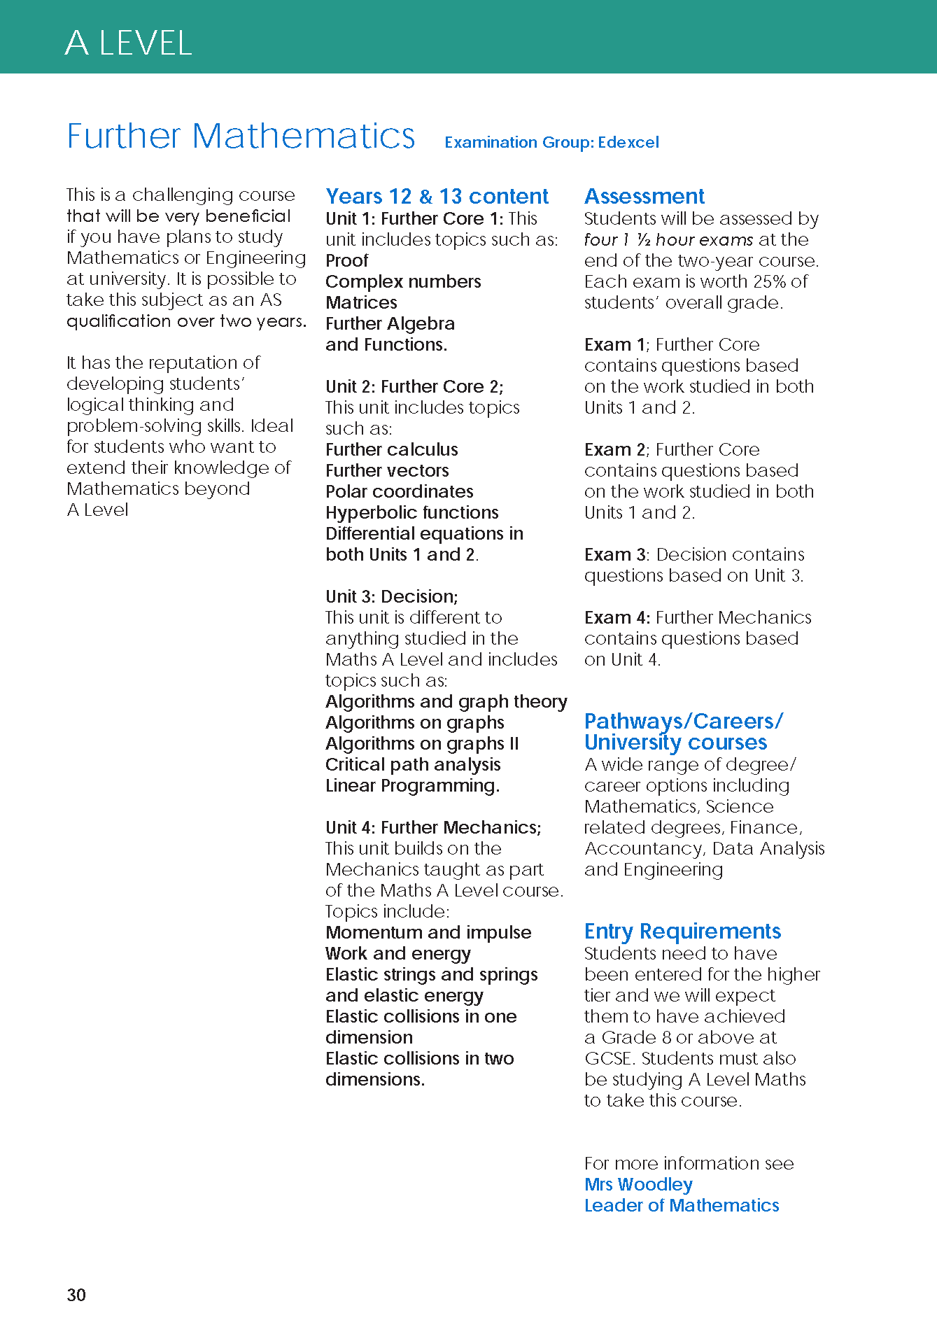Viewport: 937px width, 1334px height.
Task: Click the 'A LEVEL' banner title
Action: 128,43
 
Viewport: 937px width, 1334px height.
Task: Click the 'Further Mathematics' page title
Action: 241,136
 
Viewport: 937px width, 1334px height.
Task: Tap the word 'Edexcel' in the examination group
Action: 628,142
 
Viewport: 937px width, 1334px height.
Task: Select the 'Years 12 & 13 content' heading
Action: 437,196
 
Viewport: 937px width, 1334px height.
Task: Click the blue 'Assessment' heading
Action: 644,196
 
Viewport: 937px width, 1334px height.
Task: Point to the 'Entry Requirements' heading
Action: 682,931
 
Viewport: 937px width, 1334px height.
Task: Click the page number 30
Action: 76,1295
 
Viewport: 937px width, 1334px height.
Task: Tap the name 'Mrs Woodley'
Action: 638,1184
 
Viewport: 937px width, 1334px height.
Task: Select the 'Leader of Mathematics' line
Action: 682,1205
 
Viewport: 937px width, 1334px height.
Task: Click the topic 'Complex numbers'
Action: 403,281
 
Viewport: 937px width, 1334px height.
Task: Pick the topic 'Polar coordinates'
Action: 399,491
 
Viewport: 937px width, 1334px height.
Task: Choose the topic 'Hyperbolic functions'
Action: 411,512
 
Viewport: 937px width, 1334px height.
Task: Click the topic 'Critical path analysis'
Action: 413,764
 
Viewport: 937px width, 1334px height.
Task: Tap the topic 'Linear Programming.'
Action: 412,785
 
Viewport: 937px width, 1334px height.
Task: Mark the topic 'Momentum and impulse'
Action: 428,932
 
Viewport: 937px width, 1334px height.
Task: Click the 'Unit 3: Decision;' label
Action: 391,596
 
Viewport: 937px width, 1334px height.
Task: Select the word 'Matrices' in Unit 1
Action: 361,302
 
